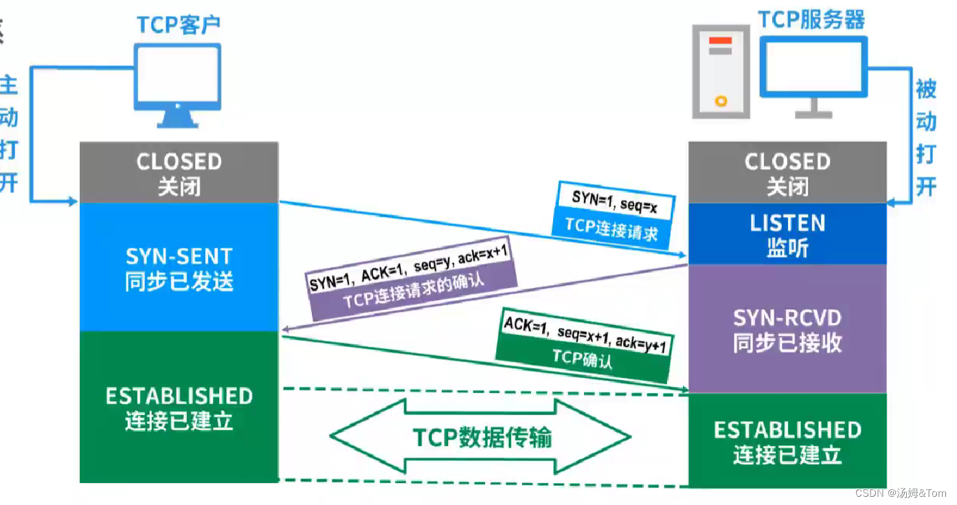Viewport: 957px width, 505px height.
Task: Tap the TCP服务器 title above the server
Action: [811, 20]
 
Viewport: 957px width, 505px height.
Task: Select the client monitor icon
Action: [178, 81]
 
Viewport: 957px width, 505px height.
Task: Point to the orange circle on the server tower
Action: [721, 101]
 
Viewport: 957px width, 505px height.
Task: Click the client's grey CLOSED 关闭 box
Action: [179, 172]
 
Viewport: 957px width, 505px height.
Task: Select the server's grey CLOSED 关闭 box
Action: [787, 172]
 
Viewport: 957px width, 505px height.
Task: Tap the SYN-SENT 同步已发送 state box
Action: [179, 268]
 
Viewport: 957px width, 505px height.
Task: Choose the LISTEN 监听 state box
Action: [787, 234]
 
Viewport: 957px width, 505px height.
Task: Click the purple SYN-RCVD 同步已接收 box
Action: [787, 329]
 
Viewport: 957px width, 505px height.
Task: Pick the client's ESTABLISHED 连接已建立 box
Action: [179, 407]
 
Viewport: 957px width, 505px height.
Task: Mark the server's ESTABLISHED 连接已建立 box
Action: [787, 441]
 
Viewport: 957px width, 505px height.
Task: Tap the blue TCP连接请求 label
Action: [611, 228]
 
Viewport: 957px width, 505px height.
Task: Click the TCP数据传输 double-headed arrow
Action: [481, 437]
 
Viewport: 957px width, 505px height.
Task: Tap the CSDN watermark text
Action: [900, 493]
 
